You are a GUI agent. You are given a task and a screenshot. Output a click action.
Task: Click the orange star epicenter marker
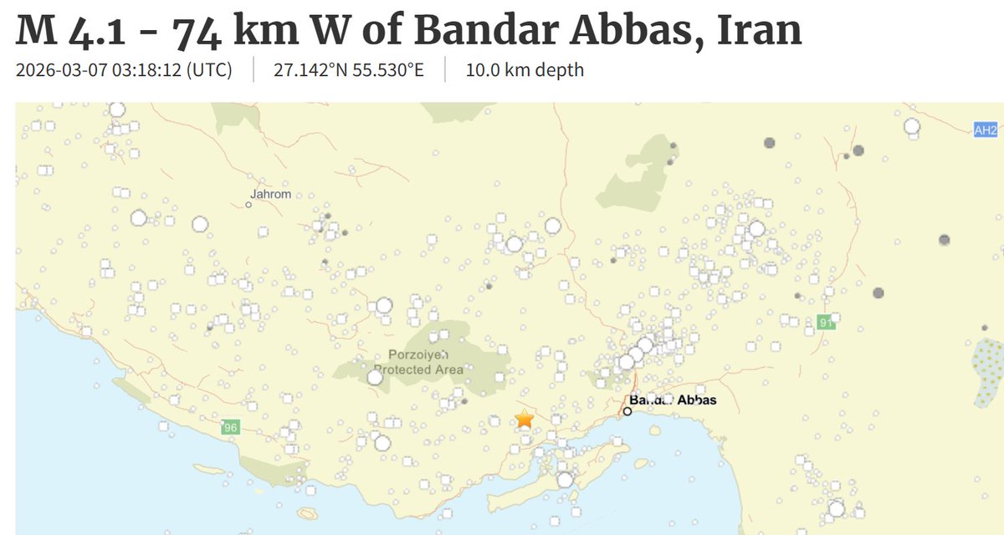click(524, 419)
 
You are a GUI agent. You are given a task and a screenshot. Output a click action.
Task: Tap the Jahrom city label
click(270, 195)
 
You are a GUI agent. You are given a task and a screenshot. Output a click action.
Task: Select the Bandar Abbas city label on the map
click(673, 400)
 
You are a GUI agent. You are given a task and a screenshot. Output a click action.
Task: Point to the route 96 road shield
click(230, 428)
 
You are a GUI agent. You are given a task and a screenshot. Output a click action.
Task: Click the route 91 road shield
click(827, 321)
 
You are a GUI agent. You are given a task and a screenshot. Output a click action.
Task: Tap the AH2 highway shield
click(986, 130)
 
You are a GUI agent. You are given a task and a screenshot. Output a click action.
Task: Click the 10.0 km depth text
click(525, 69)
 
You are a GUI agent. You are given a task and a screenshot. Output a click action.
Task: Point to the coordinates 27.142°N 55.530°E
click(349, 69)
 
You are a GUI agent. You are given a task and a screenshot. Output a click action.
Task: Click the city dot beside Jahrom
click(248, 204)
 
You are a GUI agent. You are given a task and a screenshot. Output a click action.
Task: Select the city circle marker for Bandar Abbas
click(627, 411)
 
